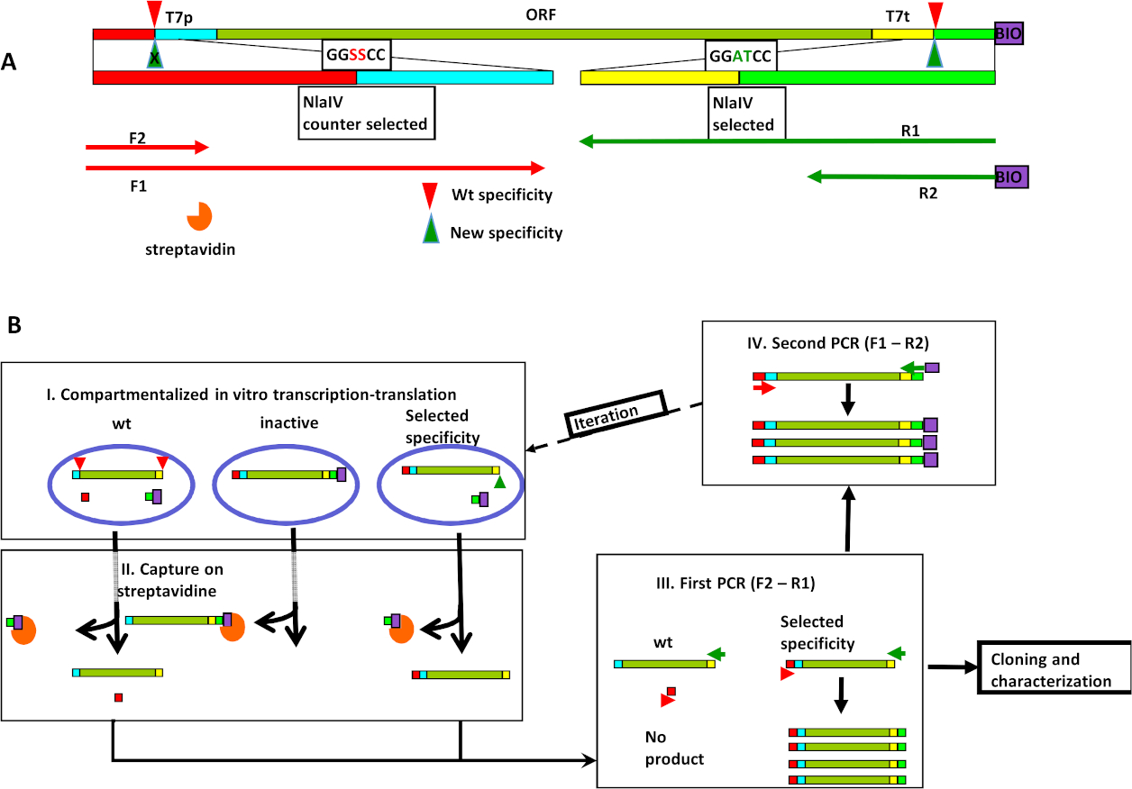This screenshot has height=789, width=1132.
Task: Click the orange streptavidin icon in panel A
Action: [198, 216]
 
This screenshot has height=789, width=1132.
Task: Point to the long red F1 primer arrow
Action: [315, 168]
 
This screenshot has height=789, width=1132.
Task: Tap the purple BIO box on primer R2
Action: [1010, 177]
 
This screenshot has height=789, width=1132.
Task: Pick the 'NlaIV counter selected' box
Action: [366, 113]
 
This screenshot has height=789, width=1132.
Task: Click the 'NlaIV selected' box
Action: [744, 113]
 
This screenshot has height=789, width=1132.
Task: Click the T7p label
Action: [178, 16]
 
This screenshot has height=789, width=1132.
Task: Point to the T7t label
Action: [901, 16]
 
